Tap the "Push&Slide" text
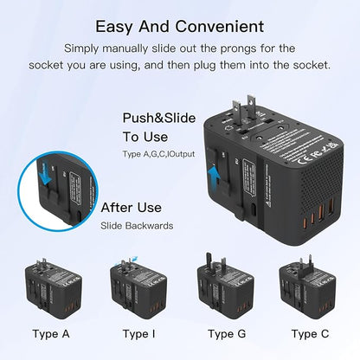151,115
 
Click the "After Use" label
132,208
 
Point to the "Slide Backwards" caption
137,226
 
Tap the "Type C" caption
309,333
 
